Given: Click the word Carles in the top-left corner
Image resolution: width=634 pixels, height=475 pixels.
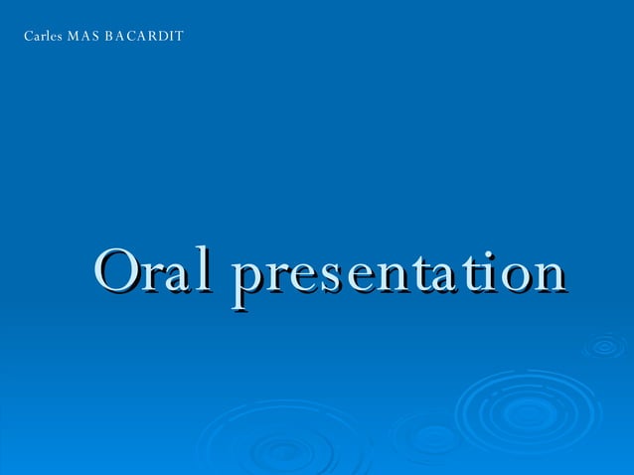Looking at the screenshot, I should pyautogui.click(x=41, y=38).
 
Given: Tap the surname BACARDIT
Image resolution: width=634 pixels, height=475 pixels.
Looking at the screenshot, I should pyautogui.click(x=145, y=38).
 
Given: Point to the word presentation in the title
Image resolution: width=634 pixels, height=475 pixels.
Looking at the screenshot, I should pyautogui.click(x=397, y=273).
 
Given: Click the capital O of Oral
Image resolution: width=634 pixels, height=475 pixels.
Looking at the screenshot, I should pyautogui.click(x=116, y=270).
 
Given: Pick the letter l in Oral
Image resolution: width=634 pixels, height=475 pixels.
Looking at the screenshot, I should pyautogui.click(x=210, y=268).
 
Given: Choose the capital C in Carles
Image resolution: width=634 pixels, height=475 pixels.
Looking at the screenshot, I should pyautogui.click(x=28, y=38).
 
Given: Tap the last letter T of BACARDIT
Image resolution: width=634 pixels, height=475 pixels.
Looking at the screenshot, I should pyautogui.click(x=180, y=38).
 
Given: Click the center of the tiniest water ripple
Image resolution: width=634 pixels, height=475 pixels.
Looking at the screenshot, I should pyautogui.click(x=603, y=346).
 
